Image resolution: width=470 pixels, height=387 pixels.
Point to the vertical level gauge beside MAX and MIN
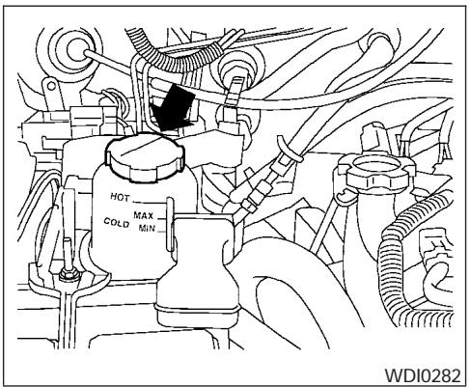[x=168, y=218]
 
